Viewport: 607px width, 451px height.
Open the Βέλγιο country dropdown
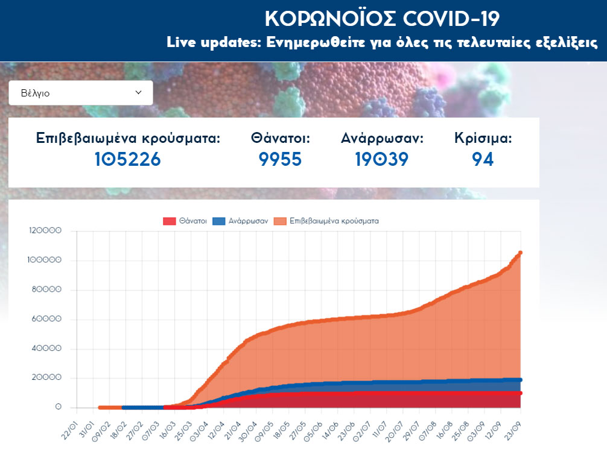tap(80, 93)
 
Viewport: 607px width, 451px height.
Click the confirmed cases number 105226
tap(128, 159)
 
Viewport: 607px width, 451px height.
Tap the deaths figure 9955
tap(280, 159)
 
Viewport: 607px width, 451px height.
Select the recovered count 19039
tap(382, 159)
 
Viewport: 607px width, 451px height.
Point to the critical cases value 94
tap(483, 159)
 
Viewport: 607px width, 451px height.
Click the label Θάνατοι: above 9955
tap(280, 138)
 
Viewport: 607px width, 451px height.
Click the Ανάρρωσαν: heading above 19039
tap(382, 138)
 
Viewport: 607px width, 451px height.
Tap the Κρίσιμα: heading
tap(483, 138)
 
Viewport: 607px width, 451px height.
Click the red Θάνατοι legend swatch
tap(169, 221)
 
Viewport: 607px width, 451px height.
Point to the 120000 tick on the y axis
tap(45, 231)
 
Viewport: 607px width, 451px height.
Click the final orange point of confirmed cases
tap(520, 253)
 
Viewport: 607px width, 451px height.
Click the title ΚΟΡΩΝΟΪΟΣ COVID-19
tap(382, 19)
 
